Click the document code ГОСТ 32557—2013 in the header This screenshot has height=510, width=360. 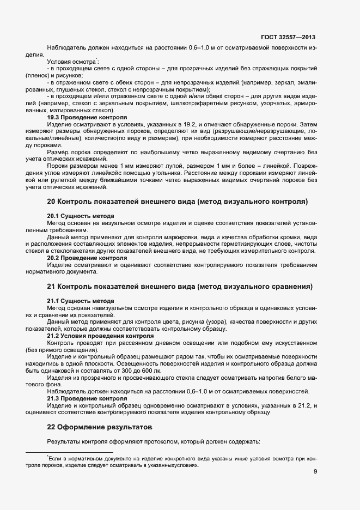pos(288,37)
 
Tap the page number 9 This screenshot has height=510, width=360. pos(315,472)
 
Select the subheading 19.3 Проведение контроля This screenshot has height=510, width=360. pos(87,117)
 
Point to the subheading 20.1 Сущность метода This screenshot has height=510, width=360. pos(81,216)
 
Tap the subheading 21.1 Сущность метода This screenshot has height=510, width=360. pos(81,301)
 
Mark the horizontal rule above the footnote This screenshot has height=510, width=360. pos(69,452)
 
